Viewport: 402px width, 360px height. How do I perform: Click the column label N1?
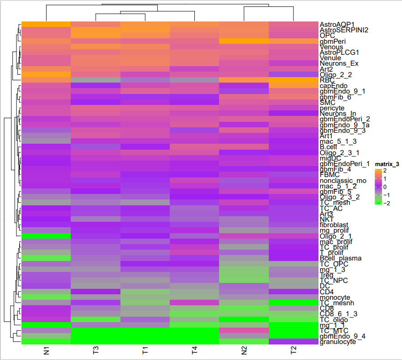(46, 351)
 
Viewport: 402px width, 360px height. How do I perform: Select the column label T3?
(95, 351)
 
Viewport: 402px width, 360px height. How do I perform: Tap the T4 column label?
(194, 351)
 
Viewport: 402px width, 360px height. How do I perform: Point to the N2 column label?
(244, 351)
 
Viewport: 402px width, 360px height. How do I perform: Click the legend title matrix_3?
(387, 164)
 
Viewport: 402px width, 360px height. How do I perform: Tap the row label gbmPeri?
(333, 41)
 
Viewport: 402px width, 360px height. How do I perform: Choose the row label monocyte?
(335, 297)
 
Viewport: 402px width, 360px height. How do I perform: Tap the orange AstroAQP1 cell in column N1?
(46, 24)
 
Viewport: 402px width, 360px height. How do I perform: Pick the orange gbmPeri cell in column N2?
(244, 41)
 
